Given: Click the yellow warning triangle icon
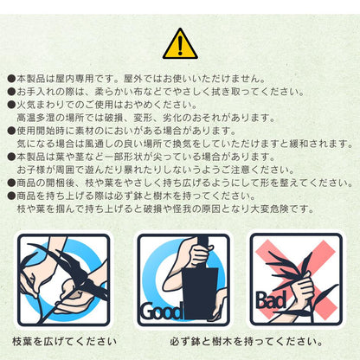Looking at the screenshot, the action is pos(180,44).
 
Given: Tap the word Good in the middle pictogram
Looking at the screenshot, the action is pos(162,312).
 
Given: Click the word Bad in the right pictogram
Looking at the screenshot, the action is pos(272,300).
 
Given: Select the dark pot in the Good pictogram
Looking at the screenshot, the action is pos(199,292).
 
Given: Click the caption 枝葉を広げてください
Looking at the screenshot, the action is pos(65,342).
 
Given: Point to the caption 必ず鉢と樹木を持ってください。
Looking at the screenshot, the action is pos(246,342).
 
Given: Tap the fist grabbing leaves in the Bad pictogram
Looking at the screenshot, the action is pos(303,289).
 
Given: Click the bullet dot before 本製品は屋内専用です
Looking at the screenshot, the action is pos(11,79).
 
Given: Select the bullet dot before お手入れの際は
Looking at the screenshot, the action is pos(11,92).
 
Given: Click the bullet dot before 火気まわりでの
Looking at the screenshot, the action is pos(11,105).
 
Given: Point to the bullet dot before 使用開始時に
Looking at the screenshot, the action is pos(11,131).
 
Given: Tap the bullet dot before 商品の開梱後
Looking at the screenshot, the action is pos(11,183).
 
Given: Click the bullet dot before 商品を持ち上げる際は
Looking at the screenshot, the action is pos(11,196).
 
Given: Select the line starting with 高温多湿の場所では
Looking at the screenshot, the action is pos(146,118).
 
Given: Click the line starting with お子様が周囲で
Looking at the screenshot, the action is pos(156,170).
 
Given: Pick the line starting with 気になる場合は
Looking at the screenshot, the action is pos(185,144).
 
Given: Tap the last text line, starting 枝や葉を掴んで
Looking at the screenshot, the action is pos(165,209).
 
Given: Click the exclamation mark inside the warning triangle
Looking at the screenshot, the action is pos(180,45).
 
